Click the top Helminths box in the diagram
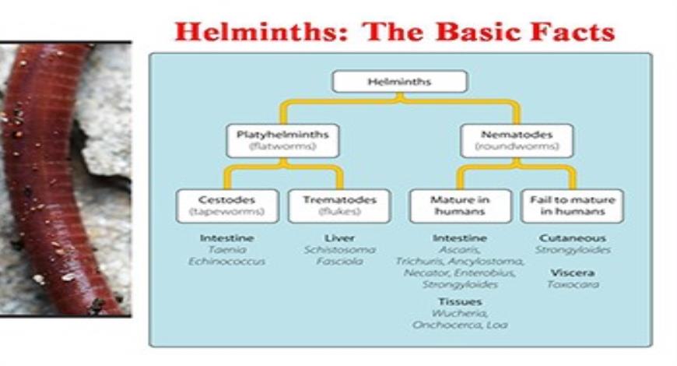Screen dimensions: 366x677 (x=399, y=82)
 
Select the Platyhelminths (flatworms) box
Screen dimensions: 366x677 (x=282, y=141)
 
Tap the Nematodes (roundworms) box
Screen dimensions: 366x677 (x=515, y=141)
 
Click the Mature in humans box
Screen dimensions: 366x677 (x=460, y=206)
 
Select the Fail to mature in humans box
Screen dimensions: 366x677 (x=572, y=206)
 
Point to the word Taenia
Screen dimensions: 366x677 (x=226, y=250)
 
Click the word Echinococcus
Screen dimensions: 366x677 (x=226, y=262)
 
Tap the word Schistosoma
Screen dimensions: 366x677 (x=339, y=250)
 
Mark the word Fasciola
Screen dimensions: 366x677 (x=339, y=262)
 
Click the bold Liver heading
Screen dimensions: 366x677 (x=339, y=238)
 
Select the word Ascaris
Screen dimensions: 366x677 (x=460, y=250)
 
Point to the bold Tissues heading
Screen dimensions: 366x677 (x=460, y=301)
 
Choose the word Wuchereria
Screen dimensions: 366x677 (x=460, y=313)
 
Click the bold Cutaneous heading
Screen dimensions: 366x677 (x=572, y=238)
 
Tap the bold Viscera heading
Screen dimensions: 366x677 (x=572, y=273)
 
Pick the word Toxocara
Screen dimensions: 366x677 (x=572, y=285)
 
